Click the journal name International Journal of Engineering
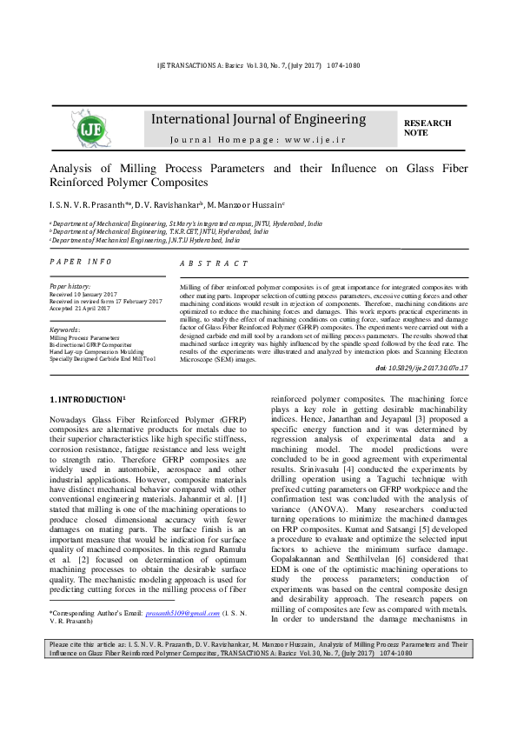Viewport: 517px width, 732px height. (259, 119)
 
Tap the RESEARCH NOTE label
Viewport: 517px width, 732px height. (428, 129)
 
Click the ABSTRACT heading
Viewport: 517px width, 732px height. (214, 263)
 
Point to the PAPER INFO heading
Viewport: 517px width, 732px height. (81, 261)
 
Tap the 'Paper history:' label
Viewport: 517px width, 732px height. (70, 286)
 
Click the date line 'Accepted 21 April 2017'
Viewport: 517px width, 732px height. (81, 309)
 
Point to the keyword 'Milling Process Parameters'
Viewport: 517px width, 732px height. (84, 337)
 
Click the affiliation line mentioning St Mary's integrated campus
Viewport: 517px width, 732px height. (186, 223)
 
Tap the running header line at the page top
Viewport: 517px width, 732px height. (258, 66)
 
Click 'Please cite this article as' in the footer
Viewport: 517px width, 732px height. (89, 693)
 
